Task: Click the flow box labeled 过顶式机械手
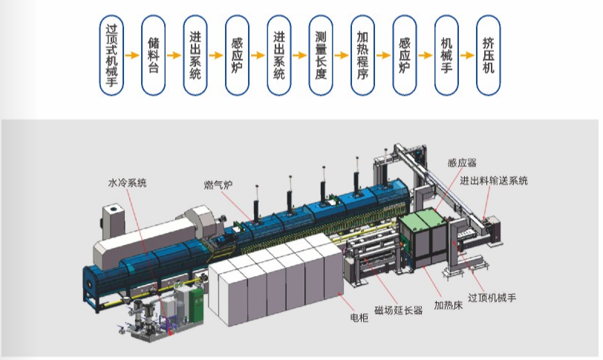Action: click(x=111, y=56)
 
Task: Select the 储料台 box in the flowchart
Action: click(x=153, y=56)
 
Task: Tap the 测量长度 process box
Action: click(x=320, y=56)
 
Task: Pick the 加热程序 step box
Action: click(x=362, y=56)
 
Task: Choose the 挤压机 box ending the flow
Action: click(x=488, y=56)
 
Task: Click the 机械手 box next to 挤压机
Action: click(x=446, y=56)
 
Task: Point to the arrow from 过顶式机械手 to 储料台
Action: click(x=132, y=56)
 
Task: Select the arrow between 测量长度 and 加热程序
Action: click(x=342, y=56)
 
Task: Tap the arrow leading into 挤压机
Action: click(x=467, y=56)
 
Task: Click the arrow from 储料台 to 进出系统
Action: click(x=174, y=56)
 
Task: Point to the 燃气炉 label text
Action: click(x=220, y=184)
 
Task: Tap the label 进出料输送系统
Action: click(x=493, y=180)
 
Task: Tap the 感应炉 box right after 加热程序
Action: click(x=404, y=56)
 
